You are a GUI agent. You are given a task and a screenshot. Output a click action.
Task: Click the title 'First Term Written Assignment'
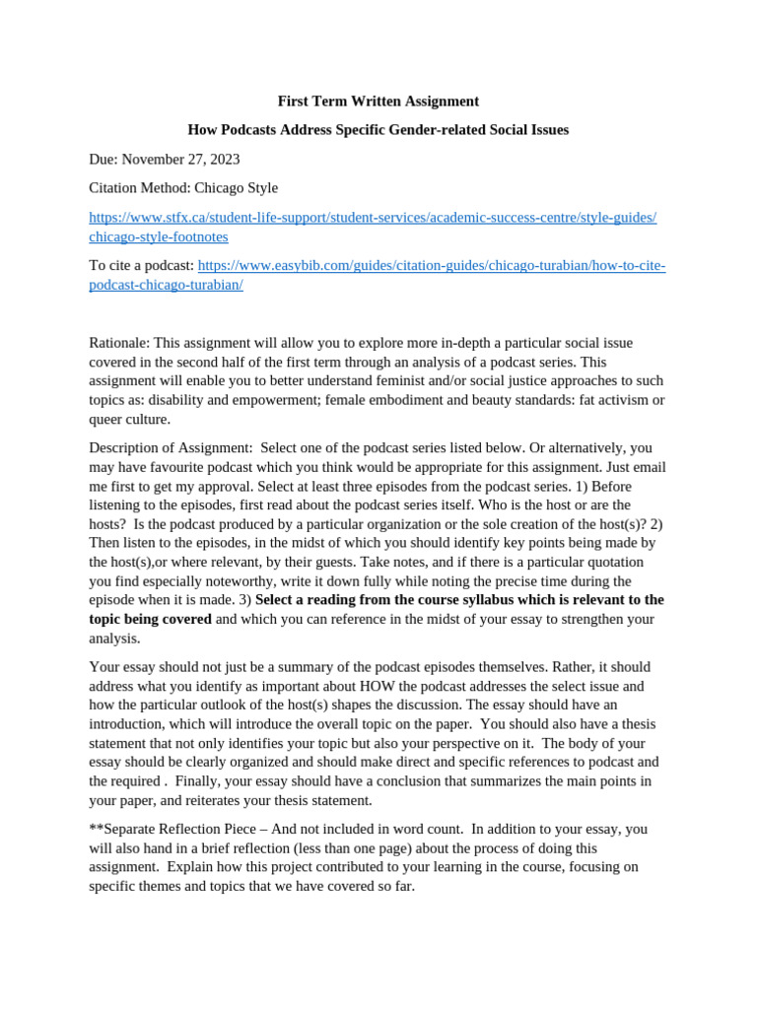click(378, 101)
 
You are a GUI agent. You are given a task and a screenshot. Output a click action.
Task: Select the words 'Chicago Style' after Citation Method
click(236, 187)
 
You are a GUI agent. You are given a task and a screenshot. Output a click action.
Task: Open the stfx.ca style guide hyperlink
click(373, 218)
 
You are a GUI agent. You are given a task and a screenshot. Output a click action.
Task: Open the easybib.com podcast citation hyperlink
click(432, 266)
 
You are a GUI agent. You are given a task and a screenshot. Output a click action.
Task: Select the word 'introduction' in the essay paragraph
click(126, 724)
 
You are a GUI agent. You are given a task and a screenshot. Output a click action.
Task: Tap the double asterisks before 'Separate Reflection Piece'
click(96, 830)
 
